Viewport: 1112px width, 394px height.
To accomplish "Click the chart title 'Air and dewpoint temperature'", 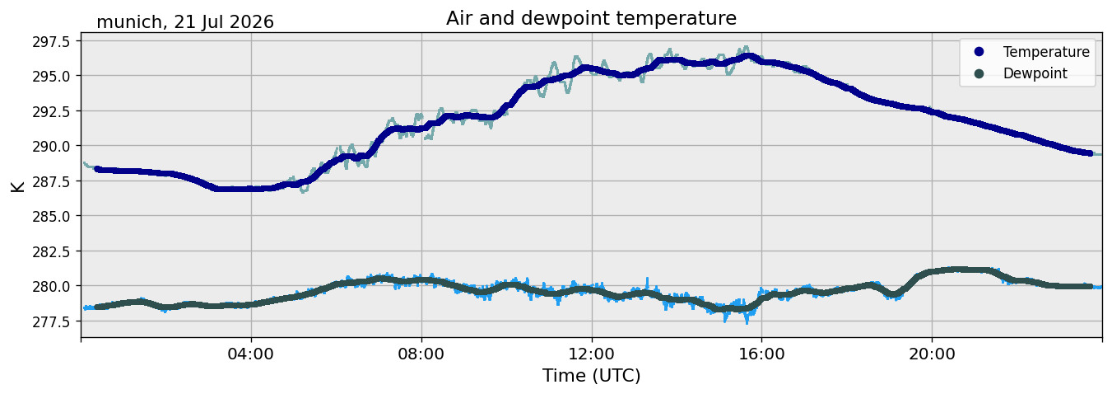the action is (x=591, y=18).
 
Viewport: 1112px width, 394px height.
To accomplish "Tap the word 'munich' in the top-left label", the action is (x=129, y=22).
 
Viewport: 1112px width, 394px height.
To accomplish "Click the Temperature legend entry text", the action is (x=1046, y=52).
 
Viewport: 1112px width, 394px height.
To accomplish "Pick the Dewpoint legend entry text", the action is (x=1035, y=73).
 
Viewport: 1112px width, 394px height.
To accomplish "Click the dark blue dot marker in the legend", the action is (x=979, y=52).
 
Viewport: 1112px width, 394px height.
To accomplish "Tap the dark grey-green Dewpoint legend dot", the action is (x=979, y=73).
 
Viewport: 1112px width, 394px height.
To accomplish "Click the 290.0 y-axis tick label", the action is (x=52, y=147).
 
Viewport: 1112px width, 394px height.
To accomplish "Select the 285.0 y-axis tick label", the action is (x=52, y=217).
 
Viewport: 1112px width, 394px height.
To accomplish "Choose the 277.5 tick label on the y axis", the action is (x=52, y=321).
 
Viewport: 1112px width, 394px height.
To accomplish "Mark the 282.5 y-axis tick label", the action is (x=52, y=251).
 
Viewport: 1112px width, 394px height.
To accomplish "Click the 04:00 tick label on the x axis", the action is (x=251, y=354).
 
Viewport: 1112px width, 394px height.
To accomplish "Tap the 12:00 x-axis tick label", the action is (x=591, y=354).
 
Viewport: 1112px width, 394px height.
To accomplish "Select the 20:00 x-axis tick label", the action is (x=932, y=354).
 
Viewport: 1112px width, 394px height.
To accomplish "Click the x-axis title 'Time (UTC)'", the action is (x=591, y=376).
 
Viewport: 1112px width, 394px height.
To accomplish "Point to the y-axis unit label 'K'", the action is (x=18, y=187).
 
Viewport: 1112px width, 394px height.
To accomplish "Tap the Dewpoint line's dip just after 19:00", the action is (x=894, y=294).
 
